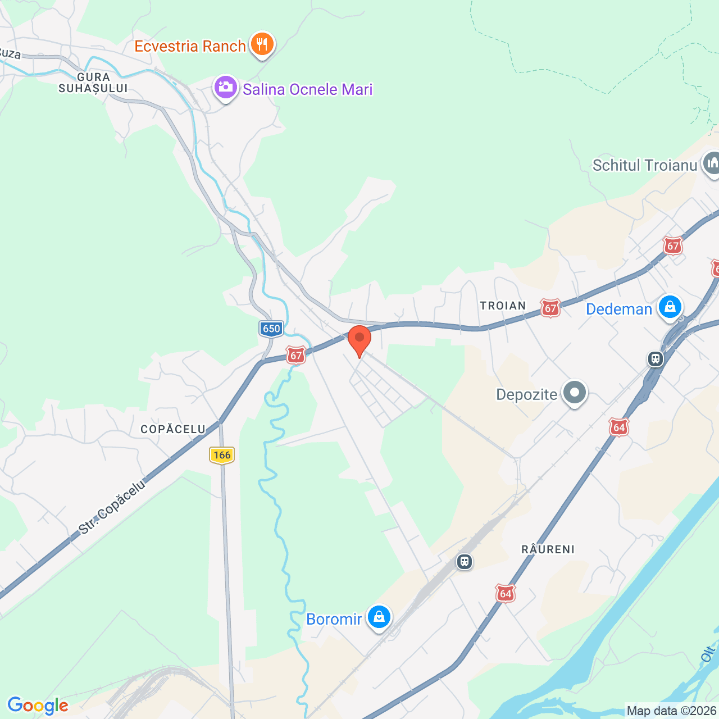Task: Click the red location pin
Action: point(359,339)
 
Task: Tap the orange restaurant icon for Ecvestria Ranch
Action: point(262,44)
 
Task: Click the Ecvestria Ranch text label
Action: point(190,46)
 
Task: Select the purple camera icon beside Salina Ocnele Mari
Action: point(225,88)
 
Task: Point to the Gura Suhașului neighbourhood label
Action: point(93,83)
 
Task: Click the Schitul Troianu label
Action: point(644,165)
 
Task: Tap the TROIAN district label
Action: point(503,306)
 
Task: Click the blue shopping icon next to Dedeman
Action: point(670,307)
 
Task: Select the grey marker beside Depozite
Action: point(574,393)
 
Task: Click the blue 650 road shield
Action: point(271,329)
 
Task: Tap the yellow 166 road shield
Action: point(222,455)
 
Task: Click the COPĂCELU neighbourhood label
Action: point(173,429)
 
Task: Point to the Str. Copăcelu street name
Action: point(112,507)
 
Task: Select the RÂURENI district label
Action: point(548,549)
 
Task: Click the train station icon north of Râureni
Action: point(465,561)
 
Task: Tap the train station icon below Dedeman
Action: point(656,358)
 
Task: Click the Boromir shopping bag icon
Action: point(379,617)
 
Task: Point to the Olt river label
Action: point(709,653)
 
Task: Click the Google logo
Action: point(38,706)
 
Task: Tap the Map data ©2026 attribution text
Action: point(672,711)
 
